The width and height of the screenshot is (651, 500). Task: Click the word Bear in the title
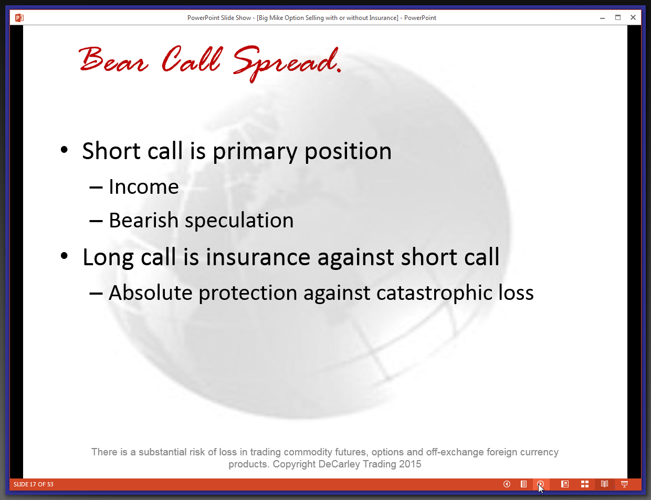pyautogui.click(x=113, y=59)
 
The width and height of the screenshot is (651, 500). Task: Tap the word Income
pyautogui.click(x=143, y=187)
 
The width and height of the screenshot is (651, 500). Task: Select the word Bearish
pyautogui.click(x=143, y=220)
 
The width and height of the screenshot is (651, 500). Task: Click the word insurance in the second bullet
pyautogui.click(x=258, y=257)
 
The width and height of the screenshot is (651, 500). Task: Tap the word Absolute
pyautogui.click(x=150, y=293)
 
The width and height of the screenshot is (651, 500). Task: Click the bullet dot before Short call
pyautogui.click(x=64, y=150)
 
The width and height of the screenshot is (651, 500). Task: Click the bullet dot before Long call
pyautogui.click(x=64, y=256)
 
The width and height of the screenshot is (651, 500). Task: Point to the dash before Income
pyautogui.click(x=96, y=188)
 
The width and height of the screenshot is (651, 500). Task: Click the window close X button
pyautogui.click(x=633, y=17)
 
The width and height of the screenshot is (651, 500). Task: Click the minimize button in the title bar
pyautogui.click(x=603, y=18)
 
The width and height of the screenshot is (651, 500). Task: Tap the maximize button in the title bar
pyautogui.click(x=618, y=17)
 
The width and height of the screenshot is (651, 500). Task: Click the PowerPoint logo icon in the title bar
pyautogui.click(x=19, y=18)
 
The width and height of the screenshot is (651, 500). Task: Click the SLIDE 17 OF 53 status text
pyautogui.click(x=34, y=484)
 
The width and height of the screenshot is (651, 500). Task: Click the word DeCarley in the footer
pyautogui.click(x=340, y=464)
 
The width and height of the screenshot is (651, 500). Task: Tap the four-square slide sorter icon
pyautogui.click(x=585, y=484)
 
